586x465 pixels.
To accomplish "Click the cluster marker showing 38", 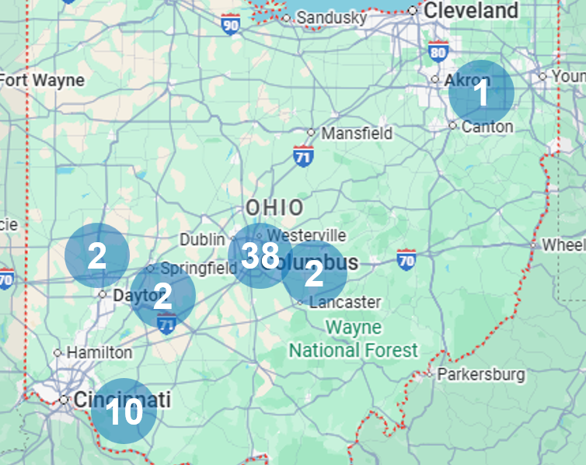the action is (x=260, y=255).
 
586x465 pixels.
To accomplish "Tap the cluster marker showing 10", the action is (x=124, y=411).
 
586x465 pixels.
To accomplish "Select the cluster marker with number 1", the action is (x=481, y=92).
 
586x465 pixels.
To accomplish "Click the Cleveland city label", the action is (x=471, y=11).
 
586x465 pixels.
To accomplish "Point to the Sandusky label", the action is (x=331, y=17).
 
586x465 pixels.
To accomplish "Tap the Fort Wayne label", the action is (x=42, y=80).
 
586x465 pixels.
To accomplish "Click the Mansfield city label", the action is (x=357, y=134).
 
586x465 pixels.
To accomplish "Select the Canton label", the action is (x=487, y=126).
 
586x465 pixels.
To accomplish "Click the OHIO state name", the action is (x=274, y=207).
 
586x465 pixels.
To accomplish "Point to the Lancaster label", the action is (x=344, y=302).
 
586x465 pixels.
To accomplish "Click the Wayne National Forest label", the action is (x=354, y=338).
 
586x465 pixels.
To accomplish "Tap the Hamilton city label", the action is (x=99, y=352).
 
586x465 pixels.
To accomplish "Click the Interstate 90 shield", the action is (x=231, y=25).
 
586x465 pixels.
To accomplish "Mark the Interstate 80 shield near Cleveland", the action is (x=438, y=52).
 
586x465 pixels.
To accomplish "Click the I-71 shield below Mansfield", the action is (x=303, y=154).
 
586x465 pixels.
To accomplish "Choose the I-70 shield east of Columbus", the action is (x=406, y=259).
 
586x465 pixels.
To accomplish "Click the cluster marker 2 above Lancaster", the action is (x=314, y=274).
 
